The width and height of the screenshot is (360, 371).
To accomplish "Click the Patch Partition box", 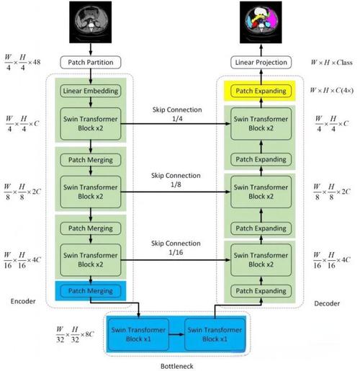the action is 91,63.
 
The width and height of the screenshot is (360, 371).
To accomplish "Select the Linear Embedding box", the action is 91,91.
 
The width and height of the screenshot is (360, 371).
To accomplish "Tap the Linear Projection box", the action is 261,63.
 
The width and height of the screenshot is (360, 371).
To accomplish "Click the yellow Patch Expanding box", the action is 261,91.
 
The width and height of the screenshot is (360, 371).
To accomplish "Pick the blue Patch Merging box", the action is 91,291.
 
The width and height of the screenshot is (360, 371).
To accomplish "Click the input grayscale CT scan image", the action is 91,22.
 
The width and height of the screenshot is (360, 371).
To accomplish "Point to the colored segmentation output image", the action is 261,22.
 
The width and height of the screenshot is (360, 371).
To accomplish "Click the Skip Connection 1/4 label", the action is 177,114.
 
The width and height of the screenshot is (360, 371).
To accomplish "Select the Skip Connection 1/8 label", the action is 176,180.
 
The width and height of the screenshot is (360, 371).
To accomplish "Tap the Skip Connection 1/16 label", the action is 176,248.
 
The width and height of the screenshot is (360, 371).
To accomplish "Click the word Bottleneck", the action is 177,366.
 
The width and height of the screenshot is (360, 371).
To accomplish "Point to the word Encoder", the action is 23,301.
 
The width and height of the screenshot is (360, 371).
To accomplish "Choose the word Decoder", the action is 327,303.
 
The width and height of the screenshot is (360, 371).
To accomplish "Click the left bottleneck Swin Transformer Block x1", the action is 138,334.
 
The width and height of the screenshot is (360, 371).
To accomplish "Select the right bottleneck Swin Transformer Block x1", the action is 215,334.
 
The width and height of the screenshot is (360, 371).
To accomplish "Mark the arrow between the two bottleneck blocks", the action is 176,334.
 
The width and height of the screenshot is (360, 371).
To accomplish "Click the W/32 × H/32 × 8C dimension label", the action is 75,334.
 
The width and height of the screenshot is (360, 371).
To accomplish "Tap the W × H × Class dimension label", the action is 332,63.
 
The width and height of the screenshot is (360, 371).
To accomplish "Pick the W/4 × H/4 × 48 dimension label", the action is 22,62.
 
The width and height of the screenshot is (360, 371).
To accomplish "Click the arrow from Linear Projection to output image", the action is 261,50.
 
